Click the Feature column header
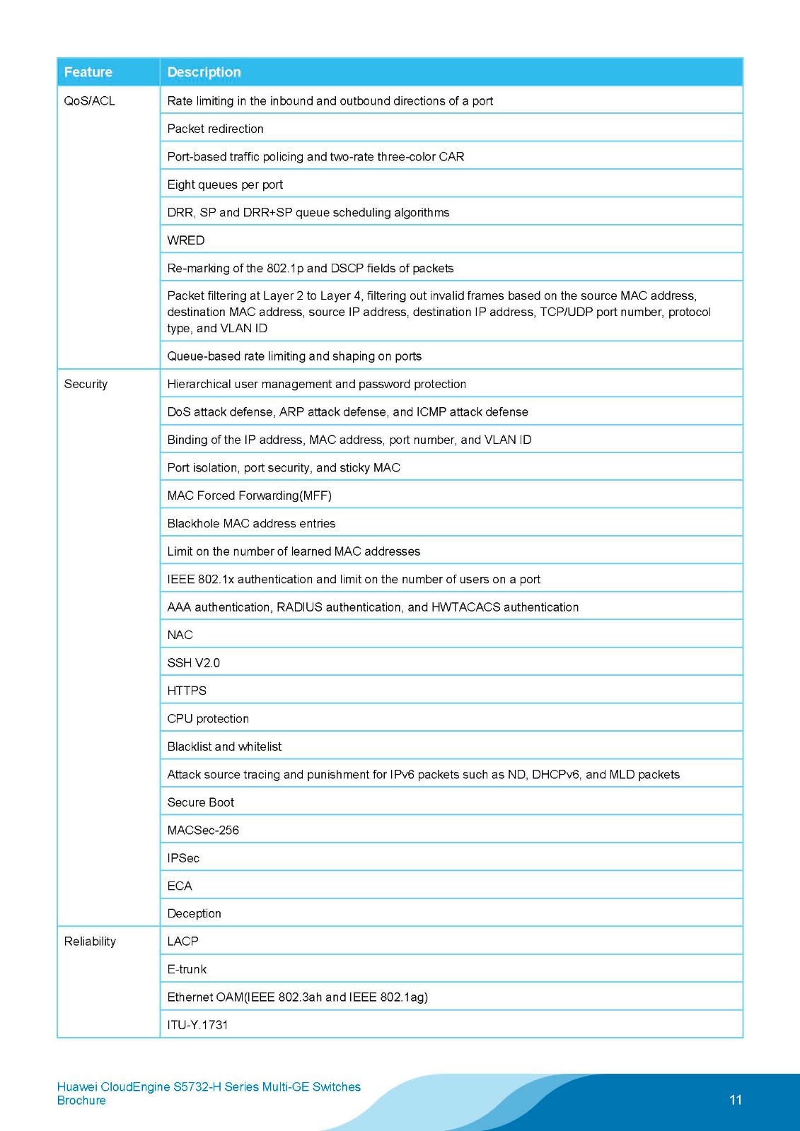click(88, 72)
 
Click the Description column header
click(204, 72)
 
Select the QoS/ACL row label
click(89, 101)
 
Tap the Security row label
click(86, 384)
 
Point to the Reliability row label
click(90, 942)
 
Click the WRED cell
click(186, 240)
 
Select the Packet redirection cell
click(215, 129)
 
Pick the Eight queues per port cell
click(225, 184)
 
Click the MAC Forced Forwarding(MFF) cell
click(249, 496)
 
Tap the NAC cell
click(180, 635)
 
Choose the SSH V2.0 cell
click(193, 663)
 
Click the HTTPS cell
click(187, 691)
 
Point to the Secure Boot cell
click(200, 802)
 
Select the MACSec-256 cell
click(203, 830)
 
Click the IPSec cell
click(183, 858)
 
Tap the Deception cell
click(194, 913)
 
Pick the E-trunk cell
click(187, 969)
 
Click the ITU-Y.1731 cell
click(197, 1025)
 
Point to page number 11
click(736, 1100)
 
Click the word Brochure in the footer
click(81, 1101)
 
